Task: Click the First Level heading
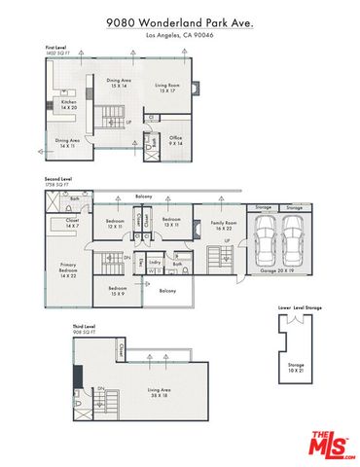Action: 56,46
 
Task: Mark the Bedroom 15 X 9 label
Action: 118,291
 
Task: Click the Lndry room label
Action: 155,262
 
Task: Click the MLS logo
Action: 333,445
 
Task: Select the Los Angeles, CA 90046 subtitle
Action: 180,35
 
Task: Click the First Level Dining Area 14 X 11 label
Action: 68,143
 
